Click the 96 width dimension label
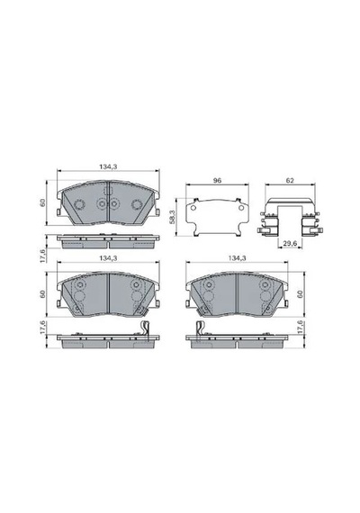point(217,180)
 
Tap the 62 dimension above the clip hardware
point(290,180)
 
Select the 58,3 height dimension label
point(173,217)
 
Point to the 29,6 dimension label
point(290,244)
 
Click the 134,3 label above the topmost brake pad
point(108,166)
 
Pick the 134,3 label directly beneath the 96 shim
point(237,257)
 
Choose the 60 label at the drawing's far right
point(300,293)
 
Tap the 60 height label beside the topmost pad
point(43,202)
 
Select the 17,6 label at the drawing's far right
point(300,328)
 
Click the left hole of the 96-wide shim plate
point(193,208)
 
